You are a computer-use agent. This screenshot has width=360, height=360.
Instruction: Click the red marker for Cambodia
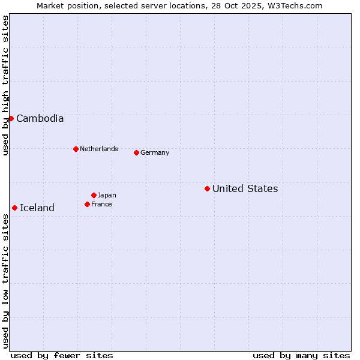11,118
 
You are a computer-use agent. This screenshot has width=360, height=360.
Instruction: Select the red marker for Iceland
14,208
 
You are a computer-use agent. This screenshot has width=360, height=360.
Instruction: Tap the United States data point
207,188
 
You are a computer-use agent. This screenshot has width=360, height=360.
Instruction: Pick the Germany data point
136,152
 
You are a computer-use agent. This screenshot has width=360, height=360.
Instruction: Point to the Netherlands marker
76,149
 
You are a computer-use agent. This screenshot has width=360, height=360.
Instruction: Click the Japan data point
94,195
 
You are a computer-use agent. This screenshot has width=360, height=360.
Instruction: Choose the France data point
87,204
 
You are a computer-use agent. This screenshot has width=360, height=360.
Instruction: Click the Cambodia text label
40,118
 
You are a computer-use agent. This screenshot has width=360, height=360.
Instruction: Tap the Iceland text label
37,208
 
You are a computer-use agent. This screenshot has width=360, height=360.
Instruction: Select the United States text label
245,188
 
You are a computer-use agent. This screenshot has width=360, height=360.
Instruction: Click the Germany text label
155,152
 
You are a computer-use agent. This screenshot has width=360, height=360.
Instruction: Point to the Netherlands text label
99,149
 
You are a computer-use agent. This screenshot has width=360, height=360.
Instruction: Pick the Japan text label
107,195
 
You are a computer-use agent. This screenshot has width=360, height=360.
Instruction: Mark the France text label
102,204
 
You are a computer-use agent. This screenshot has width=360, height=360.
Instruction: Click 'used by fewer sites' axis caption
62,355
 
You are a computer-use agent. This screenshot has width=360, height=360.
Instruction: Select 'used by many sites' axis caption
301,355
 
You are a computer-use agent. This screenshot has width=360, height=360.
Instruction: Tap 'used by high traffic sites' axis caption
5,85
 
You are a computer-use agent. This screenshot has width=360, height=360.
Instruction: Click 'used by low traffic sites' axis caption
5,281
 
